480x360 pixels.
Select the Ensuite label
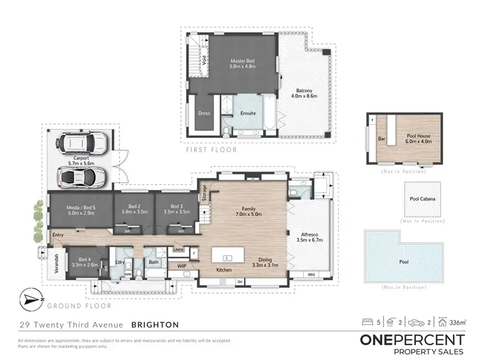click(248, 113)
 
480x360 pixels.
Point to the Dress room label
click(204, 113)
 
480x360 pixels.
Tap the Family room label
click(244, 212)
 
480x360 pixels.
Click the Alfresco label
click(310, 238)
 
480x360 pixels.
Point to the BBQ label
click(312, 274)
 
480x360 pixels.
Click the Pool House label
click(417, 139)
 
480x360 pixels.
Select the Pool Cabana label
click(422, 198)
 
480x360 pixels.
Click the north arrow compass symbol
click(30, 299)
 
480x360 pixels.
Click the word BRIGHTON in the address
click(155, 324)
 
